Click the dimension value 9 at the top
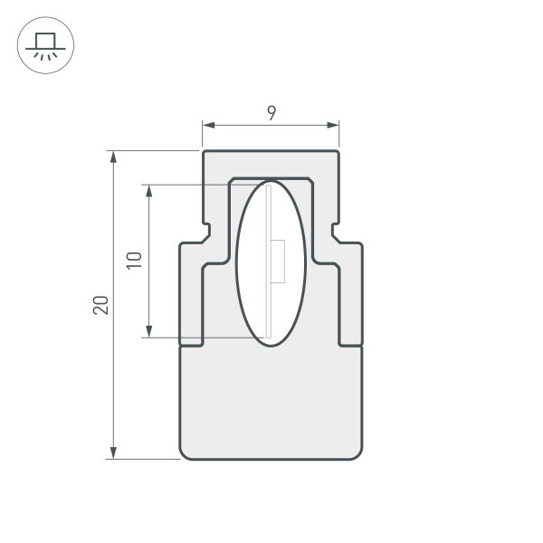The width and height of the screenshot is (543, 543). click(271, 113)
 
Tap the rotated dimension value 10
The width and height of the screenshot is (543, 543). click(135, 261)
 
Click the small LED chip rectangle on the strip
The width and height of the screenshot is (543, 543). click(279, 262)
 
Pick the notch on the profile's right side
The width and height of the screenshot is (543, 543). click(336, 233)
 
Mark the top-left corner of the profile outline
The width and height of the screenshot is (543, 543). click(204, 151)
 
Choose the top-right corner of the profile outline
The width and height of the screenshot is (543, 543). click(338, 151)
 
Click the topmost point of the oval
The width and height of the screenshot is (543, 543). click(271, 181)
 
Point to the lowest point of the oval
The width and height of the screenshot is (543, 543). click(271, 346)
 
